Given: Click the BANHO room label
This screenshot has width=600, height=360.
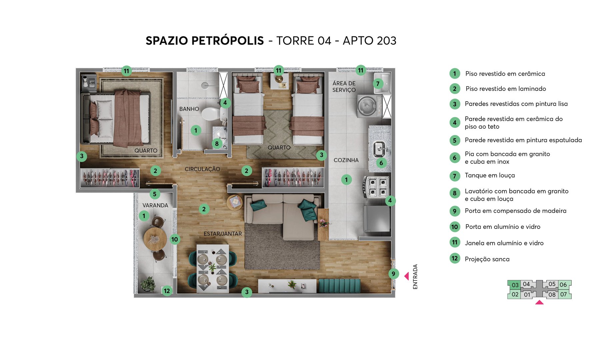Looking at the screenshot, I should pyautogui.click(x=189, y=109).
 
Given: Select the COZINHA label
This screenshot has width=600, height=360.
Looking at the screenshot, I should pyautogui.click(x=346, y=160).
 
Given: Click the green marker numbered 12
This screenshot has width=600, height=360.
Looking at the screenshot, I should pyautogui.click(x=167, y=291).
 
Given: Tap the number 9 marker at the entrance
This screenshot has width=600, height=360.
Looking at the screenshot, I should pyautogui.click(x=393, y=274).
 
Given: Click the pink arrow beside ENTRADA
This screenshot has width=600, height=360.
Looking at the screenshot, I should pyautogui.click(x=406, y=276).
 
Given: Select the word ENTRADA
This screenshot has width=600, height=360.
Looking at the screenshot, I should pyautogui.click(x=415, y=276).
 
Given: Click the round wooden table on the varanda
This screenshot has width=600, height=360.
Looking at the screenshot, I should pyautogui.click(x=155, y=238).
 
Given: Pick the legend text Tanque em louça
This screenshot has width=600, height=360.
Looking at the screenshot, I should pyautogui.click(x=490, y=175).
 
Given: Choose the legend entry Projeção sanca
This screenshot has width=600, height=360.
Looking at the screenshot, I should pyautogui.click(x=487, y=259).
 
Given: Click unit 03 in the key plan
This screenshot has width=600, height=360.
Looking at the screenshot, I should pyautogui.click(x=515, y=285).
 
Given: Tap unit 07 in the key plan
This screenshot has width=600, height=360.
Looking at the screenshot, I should pyautogui.click(x=563, y=294).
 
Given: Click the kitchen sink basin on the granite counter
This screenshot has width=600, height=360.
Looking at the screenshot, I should pyautogui.click(x=379, y=149).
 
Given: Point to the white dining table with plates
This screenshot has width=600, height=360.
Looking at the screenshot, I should pyautogui.click(x=212, y=268).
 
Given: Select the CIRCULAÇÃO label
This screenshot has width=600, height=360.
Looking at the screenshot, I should pyautogui.click(x=202, y=169).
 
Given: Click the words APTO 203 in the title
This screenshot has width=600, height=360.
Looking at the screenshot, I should pyautogui.click(x=369, y=41).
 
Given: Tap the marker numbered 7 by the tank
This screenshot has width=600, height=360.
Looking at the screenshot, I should pyautogui.click(x=378, y=83).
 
